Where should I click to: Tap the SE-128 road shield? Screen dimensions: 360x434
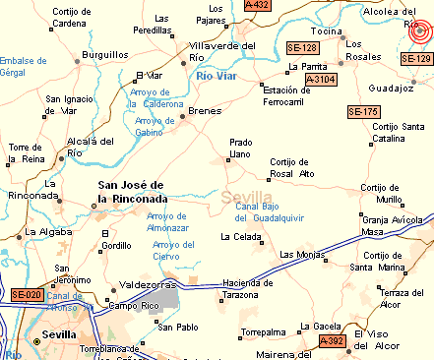coord(302,47)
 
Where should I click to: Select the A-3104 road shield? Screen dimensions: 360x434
coord(321,79)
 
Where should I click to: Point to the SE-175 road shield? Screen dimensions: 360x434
coord(363,112)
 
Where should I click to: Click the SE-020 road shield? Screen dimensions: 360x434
coord(27,295)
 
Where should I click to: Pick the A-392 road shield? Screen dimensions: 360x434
coord(334,341)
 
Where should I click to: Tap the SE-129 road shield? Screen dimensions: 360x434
coord(416,60)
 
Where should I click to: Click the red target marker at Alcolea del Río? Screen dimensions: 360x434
coord(421,32)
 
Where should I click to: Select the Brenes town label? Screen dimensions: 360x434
coord(205,110)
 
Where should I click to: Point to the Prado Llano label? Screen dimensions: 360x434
coord(241,149)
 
